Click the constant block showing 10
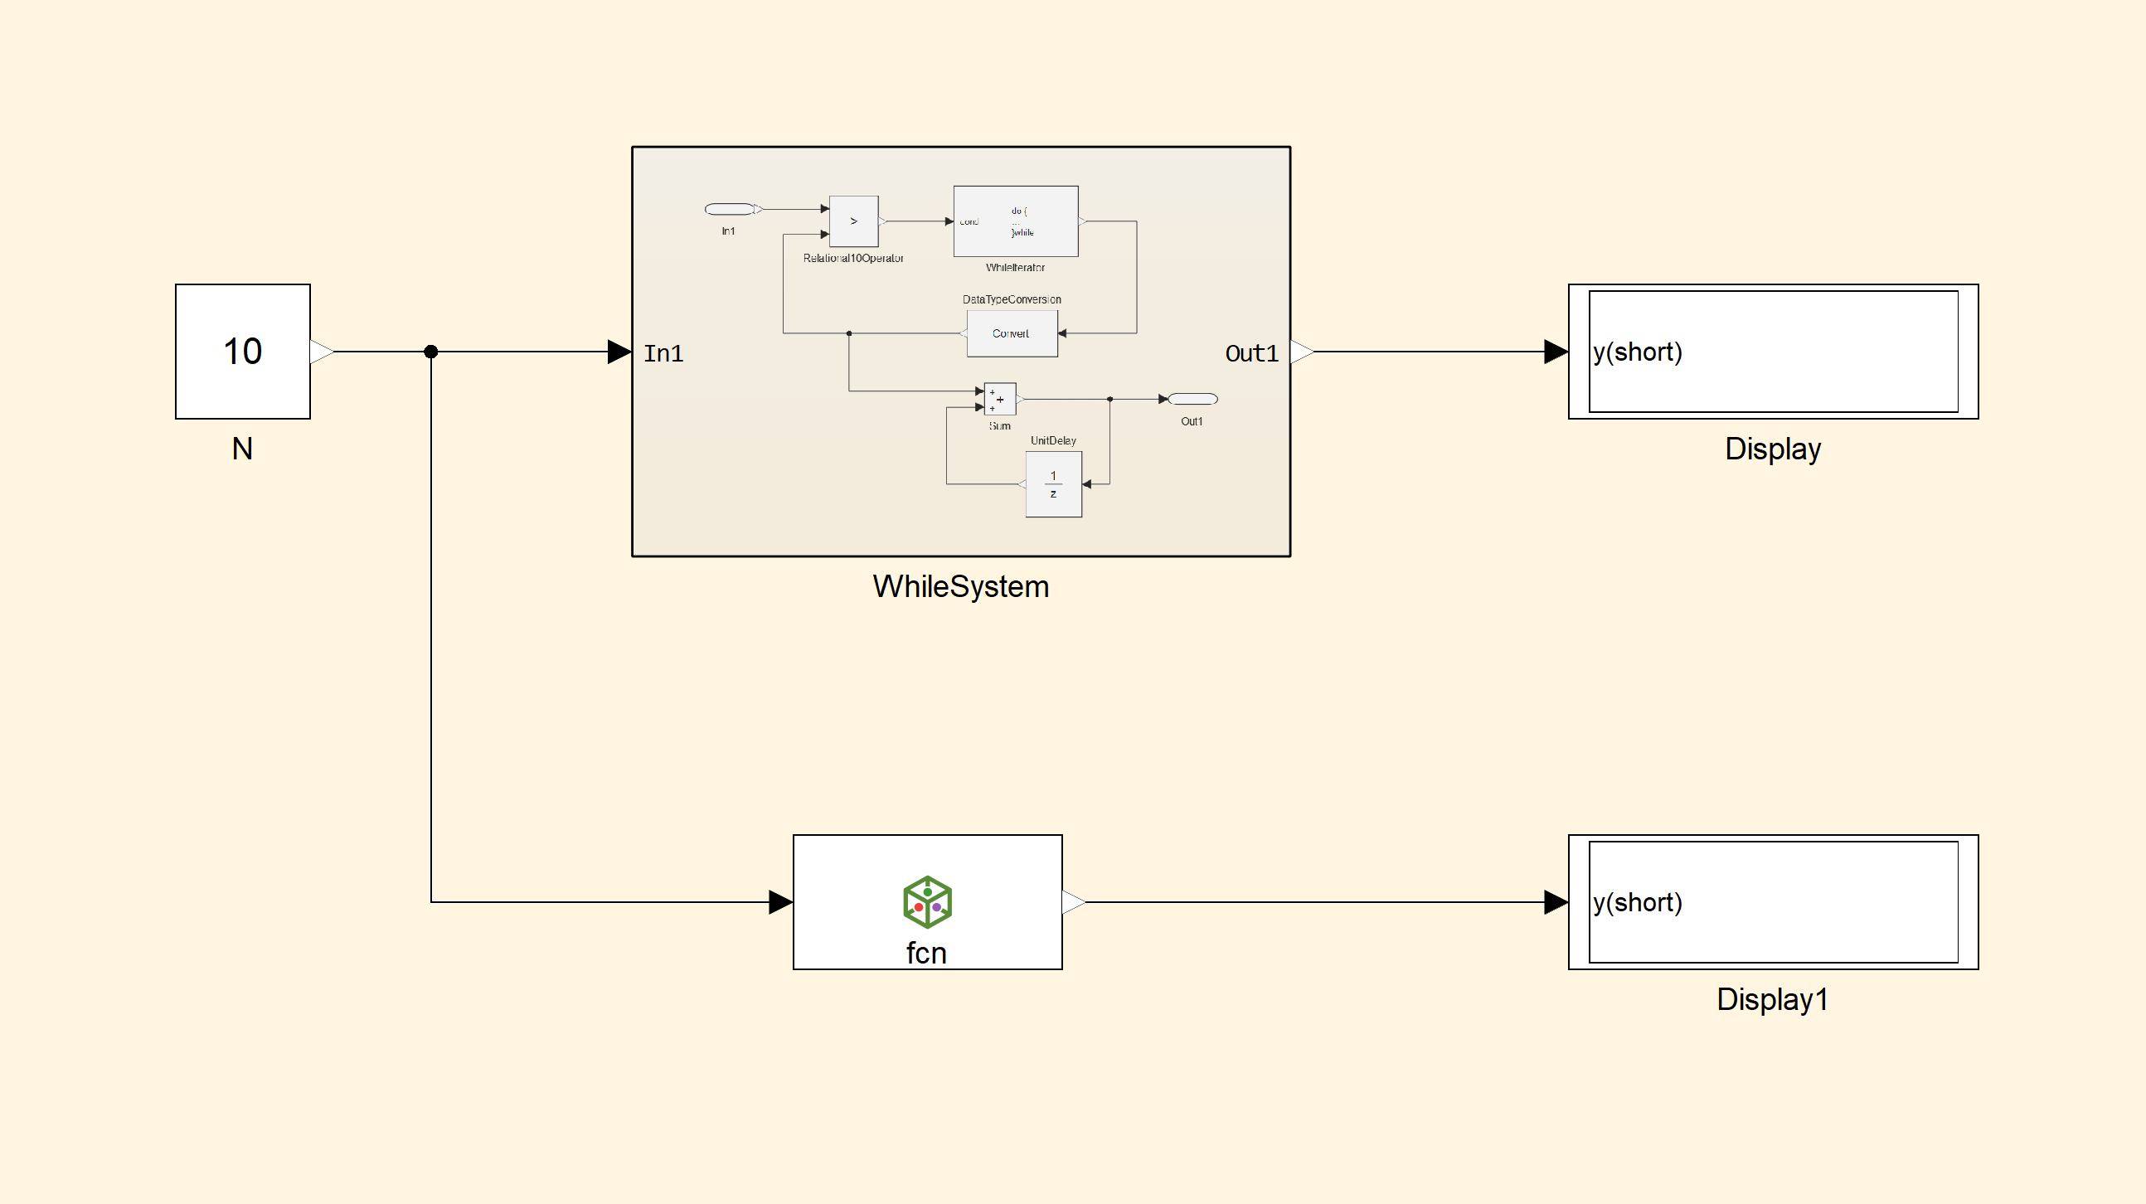pyautogui.click(x=242, y=351)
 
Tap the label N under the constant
pyautogui.click(x=242, y=449)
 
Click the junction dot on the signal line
pyautogui.click(x=430, y=352)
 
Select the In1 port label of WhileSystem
pyautogui.click(x=663, y=353)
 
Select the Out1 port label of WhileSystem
pyautogui.click(x=1251, y=353)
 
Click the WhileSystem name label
pyautogui.click(x=960, y=586)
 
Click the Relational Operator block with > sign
pyautogui.click(x=854, y=221)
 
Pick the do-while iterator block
pyautogui.click(x=1016, y=221)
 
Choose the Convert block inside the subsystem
pyautogui.click(x=1012, y=333)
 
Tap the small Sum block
pyautogui.click(x=1000, y=399)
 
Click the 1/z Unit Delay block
pyautogui.click(x=1054, y=484)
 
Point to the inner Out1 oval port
pyautogui.click(x=1193, y=399)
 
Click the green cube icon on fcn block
pyautogui.click(x=927, y=901)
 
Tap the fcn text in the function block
pyautogui.click(x=926, y=954)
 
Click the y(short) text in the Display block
pyautogui.click(x=1637, y=352)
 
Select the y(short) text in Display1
pyautogui.click(x=1637, y=902)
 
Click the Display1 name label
pyautogui.click(x=1772, y=999)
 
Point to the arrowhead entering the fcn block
pyautogui.click(x=780, y=901)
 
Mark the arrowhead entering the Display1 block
pyautogui.click(x=1556, y=901)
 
